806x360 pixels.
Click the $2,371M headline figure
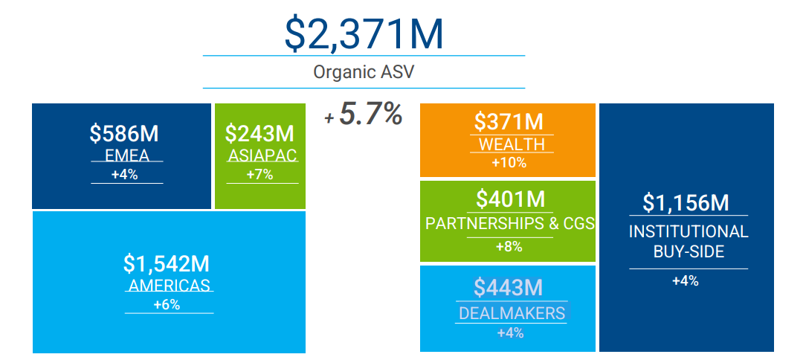[364, 33]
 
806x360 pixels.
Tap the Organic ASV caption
[364, 72]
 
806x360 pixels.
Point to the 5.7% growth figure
[370, 115]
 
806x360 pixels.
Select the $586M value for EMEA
[124, 134]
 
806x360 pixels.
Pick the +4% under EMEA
[125, 176]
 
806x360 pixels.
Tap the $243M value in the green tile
[259, 134]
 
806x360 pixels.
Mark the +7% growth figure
[259, 176]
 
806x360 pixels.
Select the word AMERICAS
[170, 286]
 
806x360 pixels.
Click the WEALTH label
[512, 144]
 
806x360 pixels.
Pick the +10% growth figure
[509, 163]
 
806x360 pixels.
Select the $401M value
[511, 199]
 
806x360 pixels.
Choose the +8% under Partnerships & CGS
[509, 247]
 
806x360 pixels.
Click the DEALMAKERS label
[512, 313]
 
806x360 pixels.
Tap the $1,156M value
[686, 202]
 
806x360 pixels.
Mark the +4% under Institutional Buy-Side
[685, 281]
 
